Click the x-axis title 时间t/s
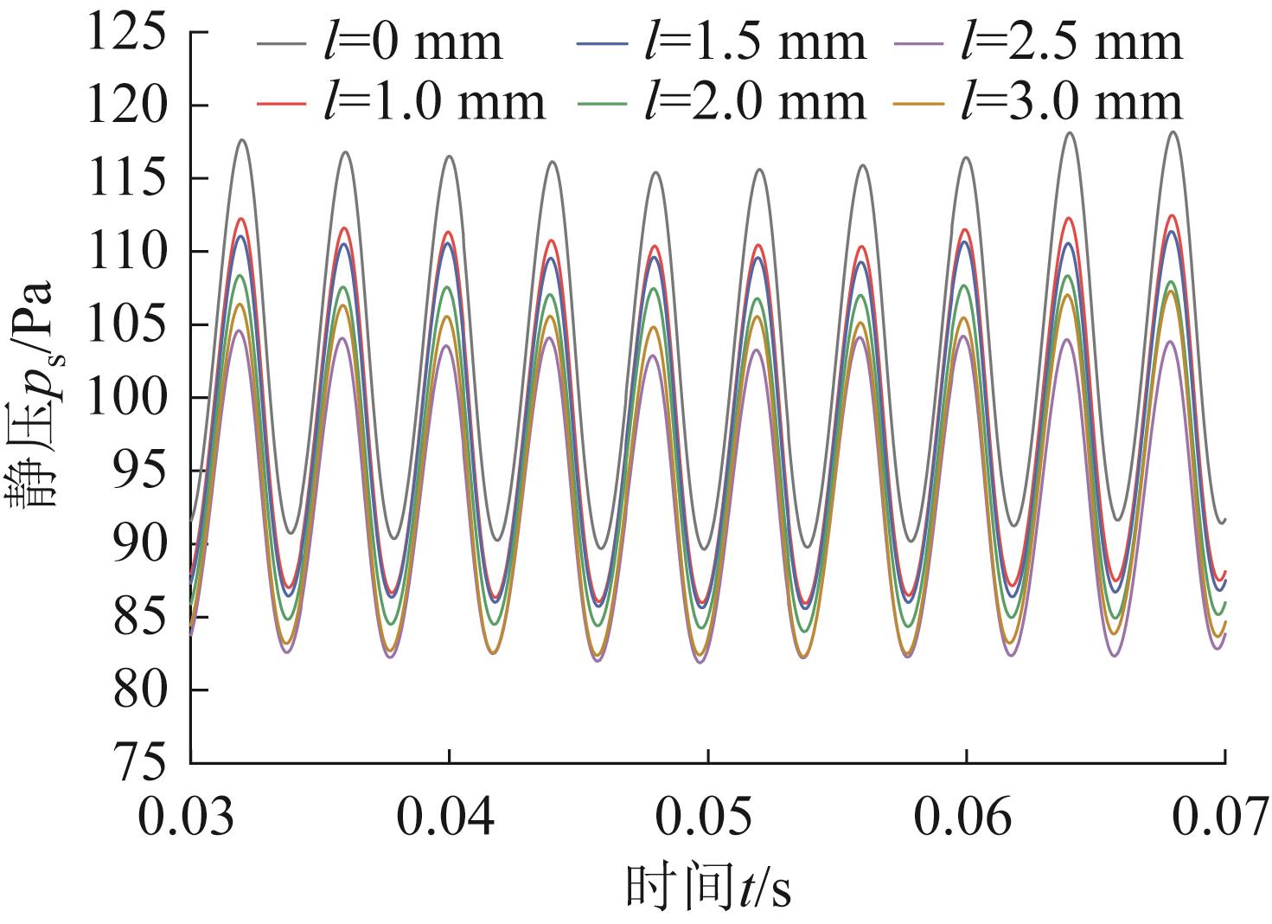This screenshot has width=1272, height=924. (x=708, y=888)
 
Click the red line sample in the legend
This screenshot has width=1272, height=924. (x=281, y=102)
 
